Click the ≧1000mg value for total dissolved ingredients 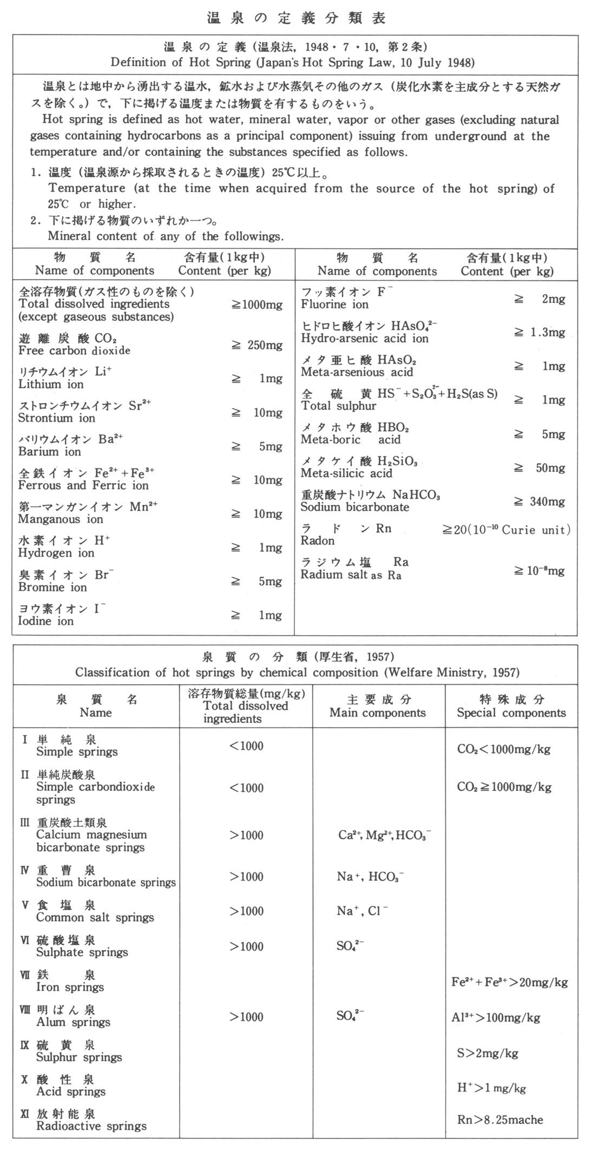click(257, 305)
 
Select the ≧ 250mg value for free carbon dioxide click(257, 346)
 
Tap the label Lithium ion click(47, 385)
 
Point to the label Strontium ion click(56, 418)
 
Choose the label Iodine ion click(45, 621)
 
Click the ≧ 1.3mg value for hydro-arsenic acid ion click(539, 333)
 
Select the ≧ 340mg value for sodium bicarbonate click(539, 501)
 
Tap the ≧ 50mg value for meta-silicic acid click(539, 468)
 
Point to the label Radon click(318, 541)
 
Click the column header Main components click(378, 713)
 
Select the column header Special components click(511, 713)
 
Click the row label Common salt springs click(95, 917)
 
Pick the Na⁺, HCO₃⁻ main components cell click(370, 877)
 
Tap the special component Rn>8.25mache click(500, 1120)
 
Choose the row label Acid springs click(70, 1092)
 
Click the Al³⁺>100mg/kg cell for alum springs click(496, 1017)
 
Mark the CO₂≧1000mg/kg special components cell click(504, 787)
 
